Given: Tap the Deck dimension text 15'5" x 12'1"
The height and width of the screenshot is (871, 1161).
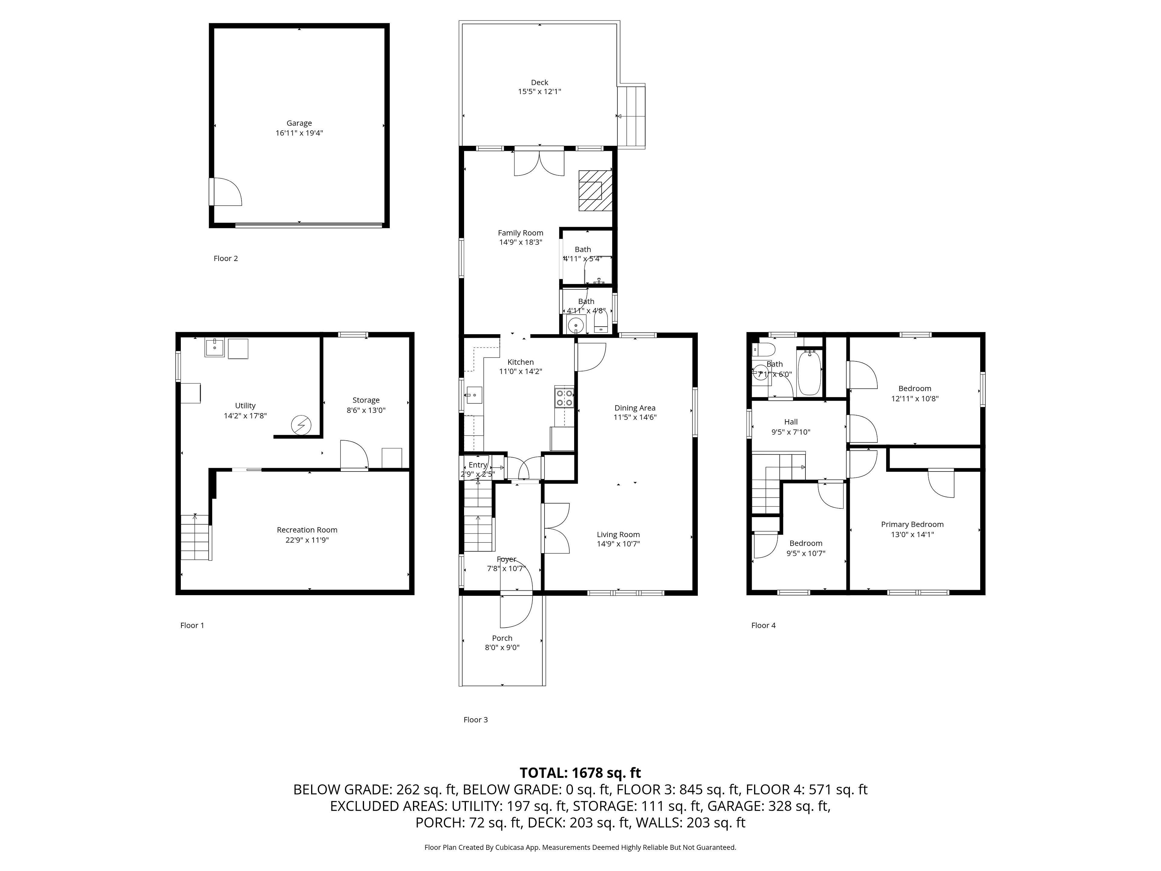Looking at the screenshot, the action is pyautogui.click(x=540, y=91).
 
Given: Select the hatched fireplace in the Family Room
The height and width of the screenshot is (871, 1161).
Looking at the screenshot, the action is pyautogui.click(x=596, y=191).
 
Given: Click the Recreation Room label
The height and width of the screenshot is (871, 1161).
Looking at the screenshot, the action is pyautogui.click(x=307, y=530).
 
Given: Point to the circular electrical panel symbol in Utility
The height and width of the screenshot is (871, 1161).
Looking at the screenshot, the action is pyautogui.click(x=301, y=425).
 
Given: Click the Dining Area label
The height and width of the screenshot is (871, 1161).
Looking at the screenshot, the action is pyautogui.click(x=635, y=408).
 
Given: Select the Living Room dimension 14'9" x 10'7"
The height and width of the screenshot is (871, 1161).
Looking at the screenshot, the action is pyautogui.click(x=618, y=544).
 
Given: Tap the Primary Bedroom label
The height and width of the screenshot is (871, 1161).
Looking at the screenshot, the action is pyautogui.click(x=912, y=524).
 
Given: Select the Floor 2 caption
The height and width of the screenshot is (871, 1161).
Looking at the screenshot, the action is pyautogui.click(x=226, y=258).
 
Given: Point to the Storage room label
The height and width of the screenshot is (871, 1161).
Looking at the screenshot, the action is pyautogui.click(x=366, y=400).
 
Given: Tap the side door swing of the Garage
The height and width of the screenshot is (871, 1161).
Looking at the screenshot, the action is pyautogui.click(x=226, y=192).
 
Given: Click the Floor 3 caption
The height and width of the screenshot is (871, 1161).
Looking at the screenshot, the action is pyautogui.click(x=476, y=720).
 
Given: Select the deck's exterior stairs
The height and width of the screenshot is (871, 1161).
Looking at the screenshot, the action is pyautogui.click(x=631, y=116).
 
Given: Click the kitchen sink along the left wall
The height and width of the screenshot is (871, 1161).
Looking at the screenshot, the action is pyautogui.click(x=474, y=394).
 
